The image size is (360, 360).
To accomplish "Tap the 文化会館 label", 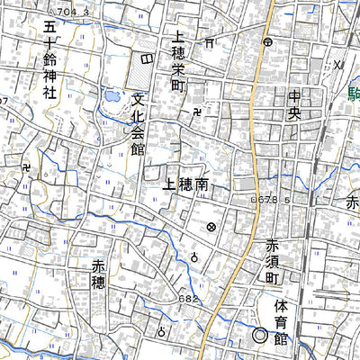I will pos(137,123).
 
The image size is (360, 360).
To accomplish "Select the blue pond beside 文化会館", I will pos(111,94).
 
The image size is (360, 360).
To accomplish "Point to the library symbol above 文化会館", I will pos(147,57).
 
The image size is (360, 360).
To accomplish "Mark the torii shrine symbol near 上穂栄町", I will pos(209,41).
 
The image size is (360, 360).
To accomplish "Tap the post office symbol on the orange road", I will pos(267,41).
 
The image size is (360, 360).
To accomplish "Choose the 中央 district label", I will pos(294,105).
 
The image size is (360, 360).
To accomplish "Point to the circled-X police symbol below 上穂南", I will pos(211,228).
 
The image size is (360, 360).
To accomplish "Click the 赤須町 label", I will pos(273,260).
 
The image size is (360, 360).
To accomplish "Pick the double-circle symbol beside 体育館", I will pos(259,337).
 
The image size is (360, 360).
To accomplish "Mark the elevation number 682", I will pos(187,298).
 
